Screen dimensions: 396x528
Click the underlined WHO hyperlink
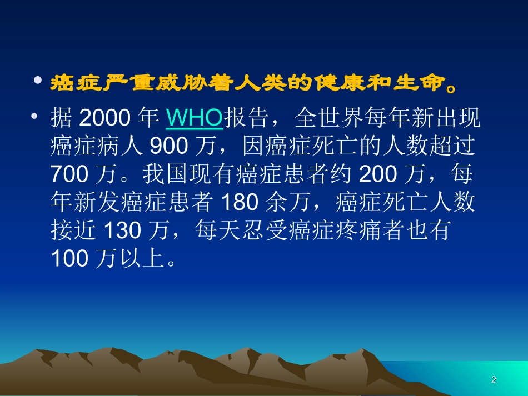[x=195, y=118]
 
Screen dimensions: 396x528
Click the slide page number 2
[x=494, y=380]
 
